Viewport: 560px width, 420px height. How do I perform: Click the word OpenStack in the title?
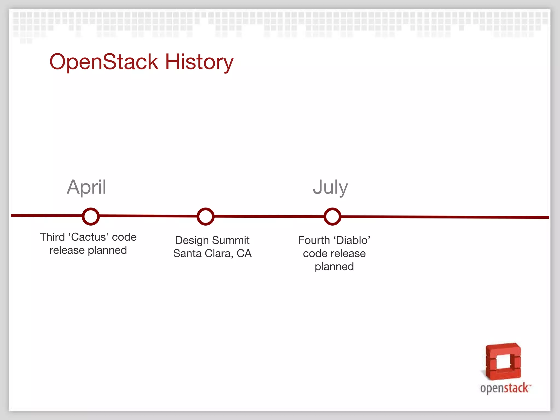104,62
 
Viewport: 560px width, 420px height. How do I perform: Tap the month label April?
86,187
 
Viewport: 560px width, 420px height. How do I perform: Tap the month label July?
330,187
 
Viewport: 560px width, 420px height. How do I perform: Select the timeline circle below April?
91,217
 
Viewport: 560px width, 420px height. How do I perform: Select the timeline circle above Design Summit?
205,217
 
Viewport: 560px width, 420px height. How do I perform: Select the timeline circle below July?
332,217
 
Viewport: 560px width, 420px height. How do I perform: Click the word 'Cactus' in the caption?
88,237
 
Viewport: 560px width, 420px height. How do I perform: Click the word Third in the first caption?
52,237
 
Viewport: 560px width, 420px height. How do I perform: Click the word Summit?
231,240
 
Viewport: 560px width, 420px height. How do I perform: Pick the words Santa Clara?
202,253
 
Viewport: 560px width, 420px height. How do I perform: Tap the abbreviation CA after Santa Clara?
244,253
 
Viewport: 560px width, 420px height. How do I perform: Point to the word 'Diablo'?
352,240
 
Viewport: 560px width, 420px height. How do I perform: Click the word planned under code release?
334,267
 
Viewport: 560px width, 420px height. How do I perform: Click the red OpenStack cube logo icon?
503,361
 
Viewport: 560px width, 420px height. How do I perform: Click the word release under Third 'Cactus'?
67,250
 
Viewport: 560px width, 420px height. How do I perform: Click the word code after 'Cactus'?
124,237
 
